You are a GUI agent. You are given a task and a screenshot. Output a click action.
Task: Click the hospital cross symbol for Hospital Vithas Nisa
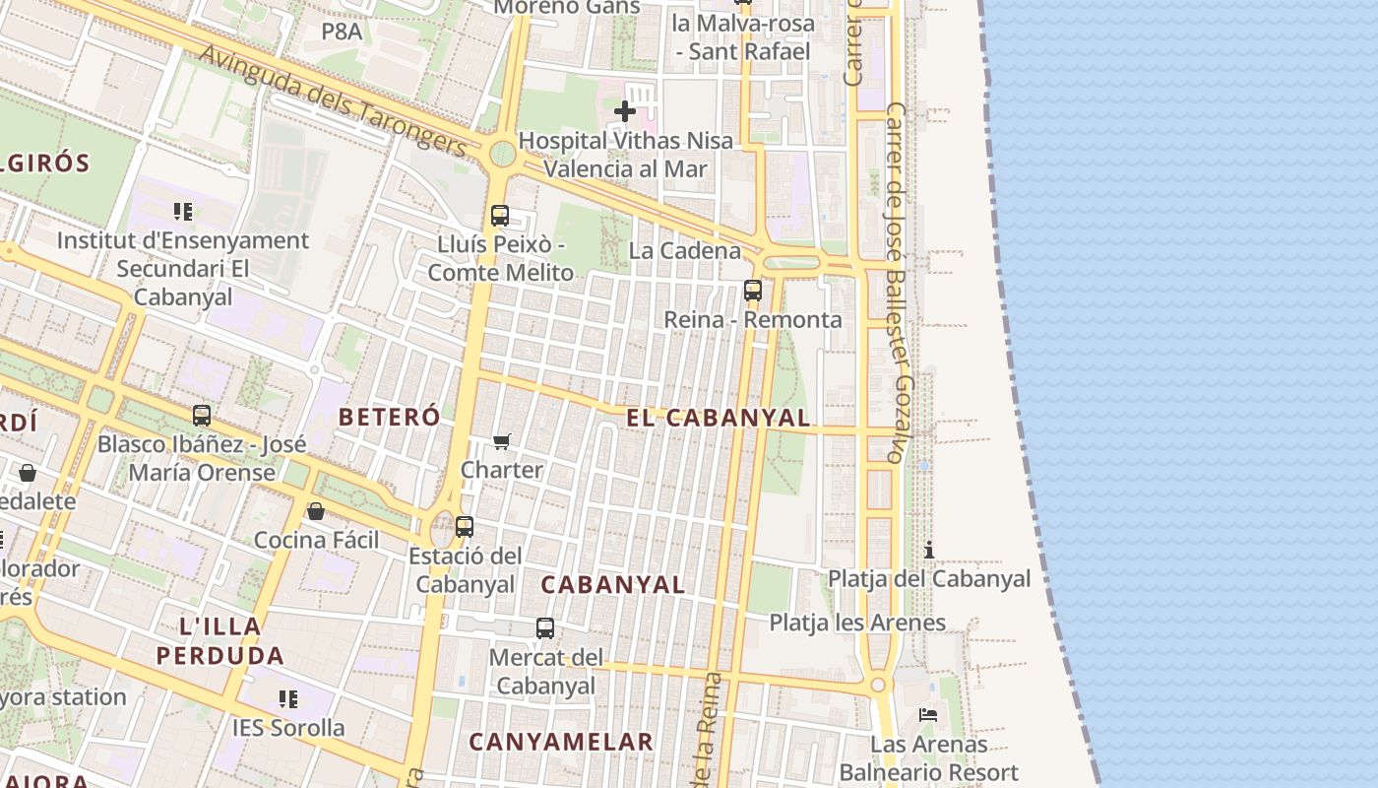click(624, 111)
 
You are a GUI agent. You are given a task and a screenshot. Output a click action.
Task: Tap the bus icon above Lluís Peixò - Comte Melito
click(500, 215)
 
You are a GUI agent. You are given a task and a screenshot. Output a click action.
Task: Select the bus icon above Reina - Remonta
click(753, 290)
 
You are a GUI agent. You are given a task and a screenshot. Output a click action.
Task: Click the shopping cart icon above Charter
click(502, 440)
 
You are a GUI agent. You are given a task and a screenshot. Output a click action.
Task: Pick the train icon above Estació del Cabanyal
click(465, 526)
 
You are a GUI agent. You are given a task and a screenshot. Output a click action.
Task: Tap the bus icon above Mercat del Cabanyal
click(544, 627)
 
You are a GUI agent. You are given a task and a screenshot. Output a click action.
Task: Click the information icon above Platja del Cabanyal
click(928, 549)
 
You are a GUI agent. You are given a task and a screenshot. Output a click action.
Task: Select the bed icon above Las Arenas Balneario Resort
click(928, 714)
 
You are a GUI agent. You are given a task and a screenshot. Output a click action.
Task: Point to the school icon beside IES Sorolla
click(287, 699)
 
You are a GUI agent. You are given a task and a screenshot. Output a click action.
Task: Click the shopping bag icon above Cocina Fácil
click(316, 511)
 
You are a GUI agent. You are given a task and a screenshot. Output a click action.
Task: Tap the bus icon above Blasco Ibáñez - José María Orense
click(202, 415)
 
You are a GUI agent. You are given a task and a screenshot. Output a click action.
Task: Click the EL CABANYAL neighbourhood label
click(719, 418)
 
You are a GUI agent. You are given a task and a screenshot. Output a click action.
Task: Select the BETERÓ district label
click(389, 417)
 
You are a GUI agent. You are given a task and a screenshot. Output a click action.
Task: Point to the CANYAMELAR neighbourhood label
click(561, 742)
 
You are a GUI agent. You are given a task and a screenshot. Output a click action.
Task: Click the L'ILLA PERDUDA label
click(220, 640)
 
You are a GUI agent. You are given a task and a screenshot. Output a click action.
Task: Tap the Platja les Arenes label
click(857, 623)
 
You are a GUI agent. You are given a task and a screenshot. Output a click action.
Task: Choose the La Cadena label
click(685, 250)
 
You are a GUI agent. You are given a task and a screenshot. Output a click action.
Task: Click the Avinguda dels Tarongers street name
click(333, 98)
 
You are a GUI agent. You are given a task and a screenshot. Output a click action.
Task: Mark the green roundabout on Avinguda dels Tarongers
click(502, 154)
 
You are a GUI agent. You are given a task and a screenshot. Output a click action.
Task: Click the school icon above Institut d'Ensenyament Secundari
click(182, 211)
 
